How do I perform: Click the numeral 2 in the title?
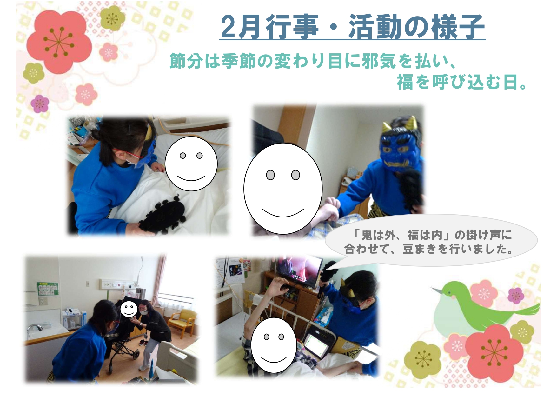click(x=228, y=27)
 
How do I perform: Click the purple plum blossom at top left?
click(x=40, y=104)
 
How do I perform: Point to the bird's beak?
click(x=436, y=290)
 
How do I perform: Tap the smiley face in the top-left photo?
click(x=191, y=164)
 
